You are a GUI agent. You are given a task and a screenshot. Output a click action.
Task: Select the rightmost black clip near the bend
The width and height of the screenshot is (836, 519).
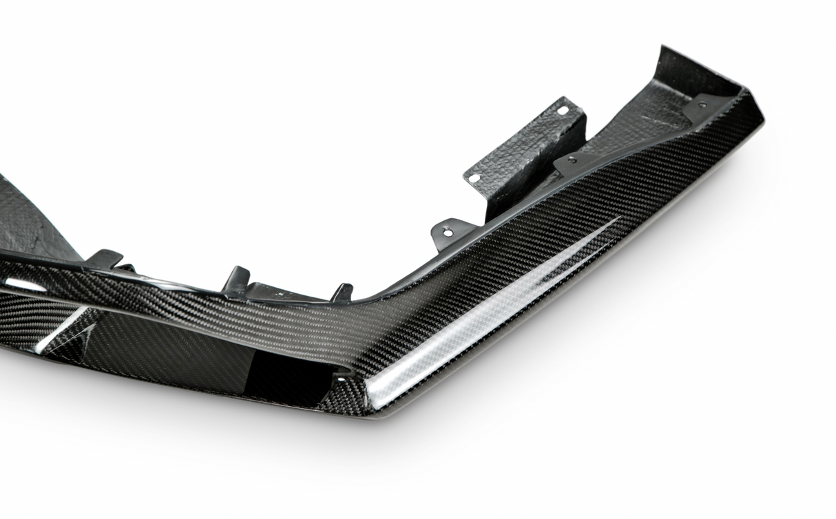342,292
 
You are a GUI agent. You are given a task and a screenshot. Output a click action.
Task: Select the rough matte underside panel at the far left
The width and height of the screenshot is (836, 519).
28,220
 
